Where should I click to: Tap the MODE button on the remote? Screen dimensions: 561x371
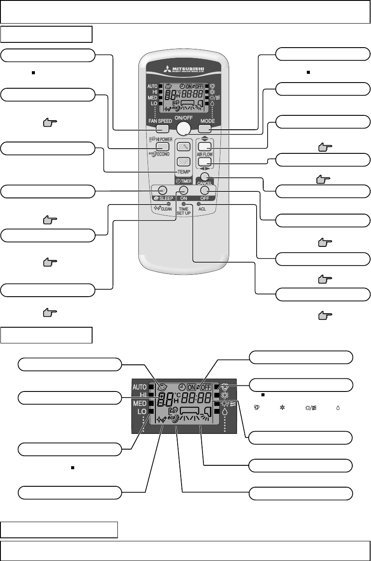pos(205,128)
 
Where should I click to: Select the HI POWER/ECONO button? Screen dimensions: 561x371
pos(162,147)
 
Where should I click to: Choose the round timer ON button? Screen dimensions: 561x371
pos(183,190)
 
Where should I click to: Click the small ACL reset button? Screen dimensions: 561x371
pos(199,204)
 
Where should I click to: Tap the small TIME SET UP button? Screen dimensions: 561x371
pos(184,204)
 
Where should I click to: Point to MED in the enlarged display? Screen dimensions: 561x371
pos(140,404)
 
